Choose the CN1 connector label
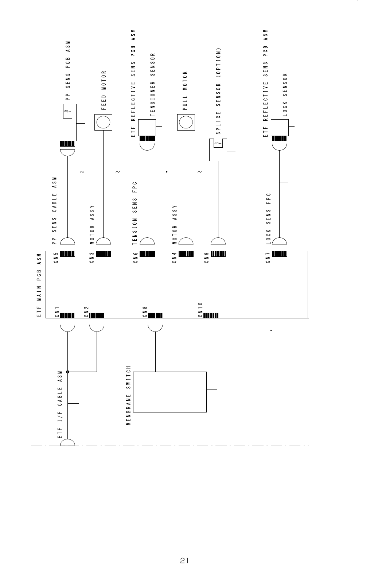[57, 313]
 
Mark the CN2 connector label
[86, 313]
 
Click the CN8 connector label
[145, 313]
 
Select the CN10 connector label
[200, 310]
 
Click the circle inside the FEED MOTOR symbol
[104, 123]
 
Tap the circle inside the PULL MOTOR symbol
[186, 123]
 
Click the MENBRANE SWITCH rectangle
[170, 392]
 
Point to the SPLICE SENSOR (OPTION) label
[218, 92]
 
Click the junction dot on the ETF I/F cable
[68, 372]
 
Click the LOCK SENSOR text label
[285, 95]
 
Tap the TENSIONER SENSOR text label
[153, 84]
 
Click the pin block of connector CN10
[210, 315]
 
